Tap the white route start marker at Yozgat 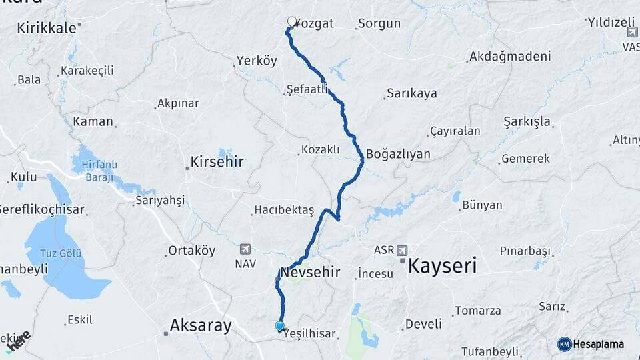(291, 21)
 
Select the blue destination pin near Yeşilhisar (279, 326)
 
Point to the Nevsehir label (310, 272)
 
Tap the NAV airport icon (246, 249)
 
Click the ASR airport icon (401, 251)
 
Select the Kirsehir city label (217, 161)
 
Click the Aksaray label (200, 325)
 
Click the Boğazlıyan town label (398, 154)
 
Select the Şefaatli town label (307, 88)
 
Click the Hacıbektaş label (283, 210)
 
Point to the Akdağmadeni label (510, 57)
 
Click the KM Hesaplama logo (591, 344)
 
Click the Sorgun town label (379, 24)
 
